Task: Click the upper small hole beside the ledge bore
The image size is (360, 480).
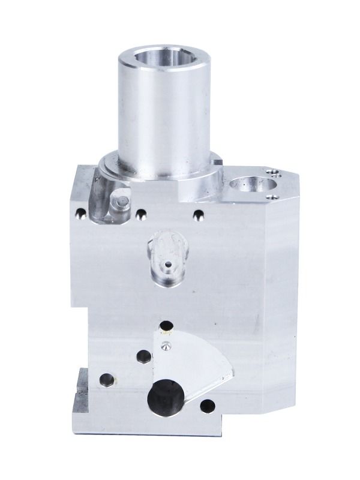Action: pos(275,173)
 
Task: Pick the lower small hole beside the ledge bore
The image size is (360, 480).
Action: pos(273,196)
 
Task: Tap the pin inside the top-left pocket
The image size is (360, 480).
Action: pos(121,200)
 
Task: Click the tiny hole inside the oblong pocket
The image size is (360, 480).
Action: pos(168,263)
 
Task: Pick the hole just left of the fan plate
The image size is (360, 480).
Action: pos(143,356)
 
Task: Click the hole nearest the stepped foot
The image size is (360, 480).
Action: pos(106,379)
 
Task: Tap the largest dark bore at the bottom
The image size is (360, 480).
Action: pos(163,397)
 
